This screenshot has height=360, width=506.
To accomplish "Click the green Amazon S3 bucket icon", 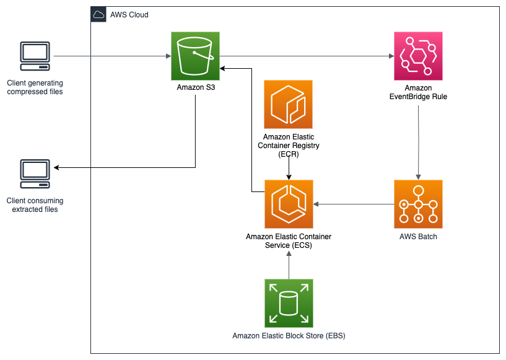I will coord(195,56).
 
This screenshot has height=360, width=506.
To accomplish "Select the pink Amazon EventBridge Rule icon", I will coord(418,56).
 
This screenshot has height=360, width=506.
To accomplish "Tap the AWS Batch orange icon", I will coord(418,204).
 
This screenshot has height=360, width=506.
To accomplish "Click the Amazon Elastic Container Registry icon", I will coord(288,104).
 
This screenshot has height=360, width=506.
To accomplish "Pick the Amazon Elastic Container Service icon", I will coord(288,204).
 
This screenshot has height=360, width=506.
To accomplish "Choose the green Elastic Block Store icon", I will coord(288,302).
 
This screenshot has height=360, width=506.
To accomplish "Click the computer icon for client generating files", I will coord(35,57).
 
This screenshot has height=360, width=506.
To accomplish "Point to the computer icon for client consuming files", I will coord(35,175).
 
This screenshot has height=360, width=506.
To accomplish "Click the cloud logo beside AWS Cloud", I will coord(98,14).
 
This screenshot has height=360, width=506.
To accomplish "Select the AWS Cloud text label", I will coord(129,15).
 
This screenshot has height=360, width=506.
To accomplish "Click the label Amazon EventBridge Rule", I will coord(418,92).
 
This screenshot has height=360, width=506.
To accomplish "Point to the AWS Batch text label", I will coord(418,237).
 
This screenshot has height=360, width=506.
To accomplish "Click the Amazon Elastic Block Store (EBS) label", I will coord(289,336).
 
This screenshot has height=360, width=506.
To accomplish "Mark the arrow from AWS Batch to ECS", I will coord(353,204).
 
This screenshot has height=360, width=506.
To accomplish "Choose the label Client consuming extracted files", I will coord(35,205).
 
